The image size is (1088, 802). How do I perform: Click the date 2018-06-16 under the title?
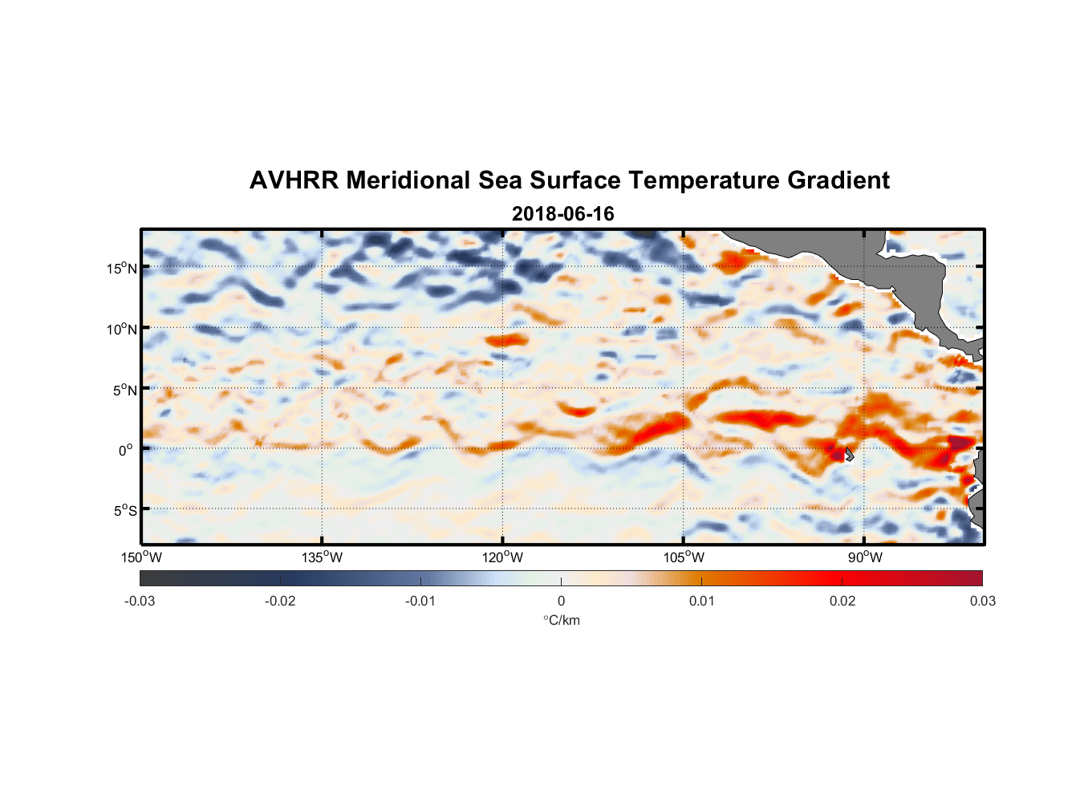pos(562,214)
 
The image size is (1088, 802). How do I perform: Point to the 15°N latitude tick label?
pos(122,269)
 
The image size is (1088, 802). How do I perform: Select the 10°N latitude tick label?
pos(122,330)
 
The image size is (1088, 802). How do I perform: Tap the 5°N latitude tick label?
pos(124,391)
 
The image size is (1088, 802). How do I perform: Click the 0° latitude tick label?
pos(126,451)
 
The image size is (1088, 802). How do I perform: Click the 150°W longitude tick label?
pos(141,557)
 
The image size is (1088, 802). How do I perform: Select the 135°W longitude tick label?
pos(322,557)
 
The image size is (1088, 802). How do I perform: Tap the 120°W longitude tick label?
pos(502,557)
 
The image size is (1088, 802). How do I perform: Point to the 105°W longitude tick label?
pos(684,557)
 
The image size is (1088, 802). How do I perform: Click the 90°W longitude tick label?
pos(865,557)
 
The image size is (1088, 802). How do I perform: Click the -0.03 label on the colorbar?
pos(140,601)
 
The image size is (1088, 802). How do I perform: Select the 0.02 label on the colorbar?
pos(842,601)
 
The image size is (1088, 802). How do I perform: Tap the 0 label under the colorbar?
pos(561,601)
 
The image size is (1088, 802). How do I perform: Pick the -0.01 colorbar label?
pos(420,601)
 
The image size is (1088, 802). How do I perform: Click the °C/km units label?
pos(561,620)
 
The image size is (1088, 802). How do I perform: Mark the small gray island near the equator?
pos(849,455)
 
